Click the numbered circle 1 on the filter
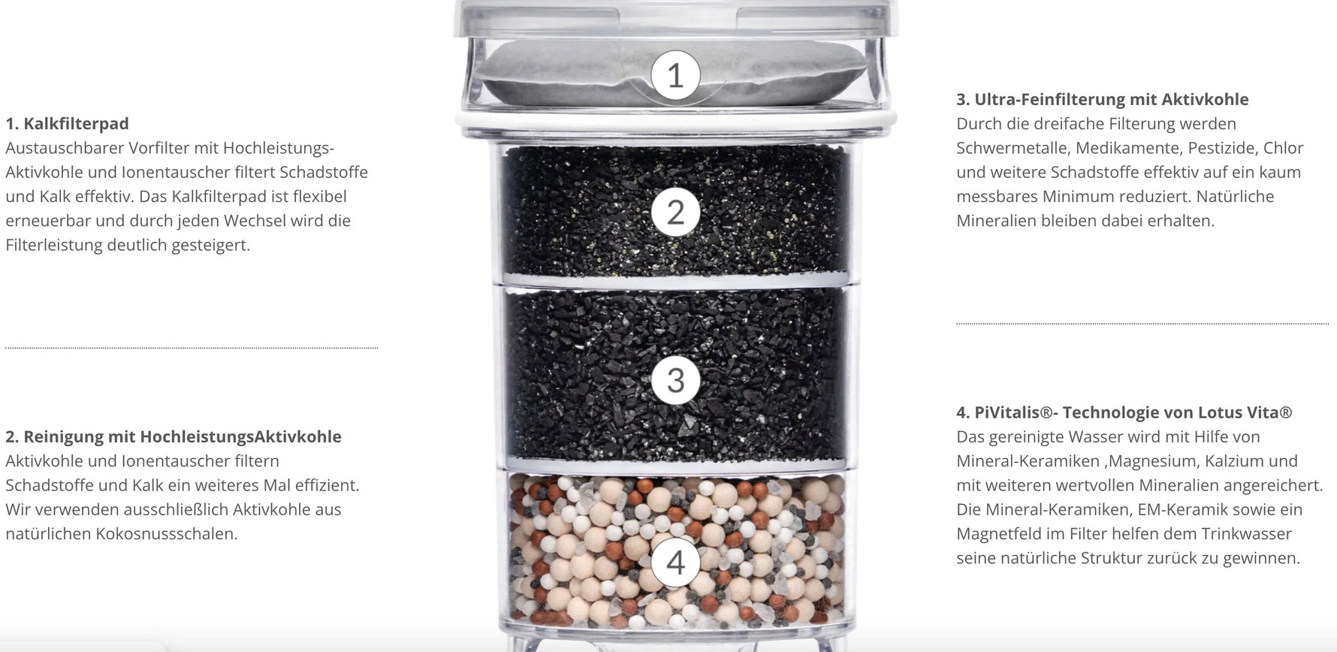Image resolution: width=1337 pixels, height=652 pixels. (x=675, y=75)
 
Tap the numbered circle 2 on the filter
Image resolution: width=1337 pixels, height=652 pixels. (x=675, y=213)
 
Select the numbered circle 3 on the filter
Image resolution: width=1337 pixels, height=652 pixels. (x=675, y=380)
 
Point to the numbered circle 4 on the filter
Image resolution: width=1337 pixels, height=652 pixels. (x=675, y=563)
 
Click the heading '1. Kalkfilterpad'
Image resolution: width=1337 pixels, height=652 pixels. (x=67, y=124)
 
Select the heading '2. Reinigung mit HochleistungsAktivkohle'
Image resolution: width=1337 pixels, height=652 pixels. (x=174, y=437)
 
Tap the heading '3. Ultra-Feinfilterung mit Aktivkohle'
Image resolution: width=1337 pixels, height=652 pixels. (x=1103, y=99)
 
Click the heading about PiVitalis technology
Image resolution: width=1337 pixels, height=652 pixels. (x=1124, y=412)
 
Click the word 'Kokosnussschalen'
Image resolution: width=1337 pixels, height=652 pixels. (x=166, y=534)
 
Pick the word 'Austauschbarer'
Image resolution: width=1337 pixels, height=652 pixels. (x=64, y=148)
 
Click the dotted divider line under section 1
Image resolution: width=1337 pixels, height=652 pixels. (x=192, y=348)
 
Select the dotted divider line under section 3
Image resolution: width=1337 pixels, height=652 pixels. (x=1142, y=324)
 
